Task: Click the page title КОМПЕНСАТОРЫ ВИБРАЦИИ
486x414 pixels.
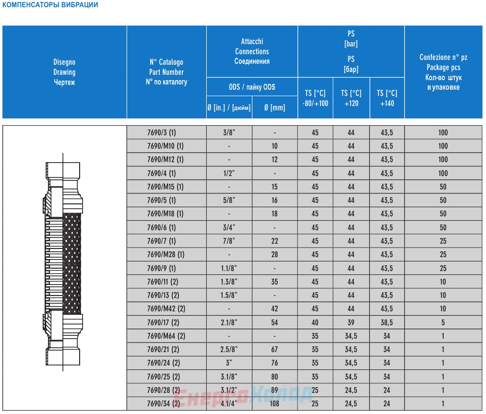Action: click(50, 5)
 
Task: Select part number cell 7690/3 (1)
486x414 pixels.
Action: click(162, 132)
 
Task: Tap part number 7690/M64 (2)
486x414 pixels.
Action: click(166, 336)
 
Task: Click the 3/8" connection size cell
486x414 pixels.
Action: click(229, 132)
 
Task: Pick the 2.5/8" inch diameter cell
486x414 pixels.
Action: click(229, 350)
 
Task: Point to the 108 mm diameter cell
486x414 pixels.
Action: click(274, 403)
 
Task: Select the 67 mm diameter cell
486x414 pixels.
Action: click(274, 350)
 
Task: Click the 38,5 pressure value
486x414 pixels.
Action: click(387, 322)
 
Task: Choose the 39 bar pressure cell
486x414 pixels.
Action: click(351, 322)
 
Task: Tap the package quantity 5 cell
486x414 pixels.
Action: click(443, 322)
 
